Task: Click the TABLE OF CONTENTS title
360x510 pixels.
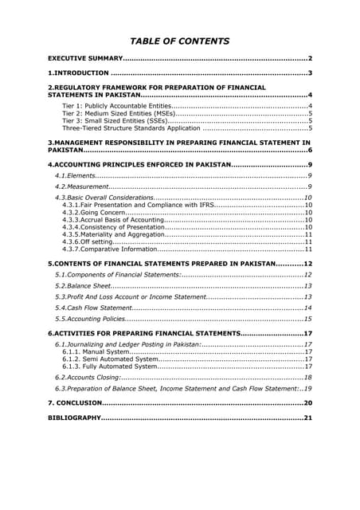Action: click(x=180, y=41)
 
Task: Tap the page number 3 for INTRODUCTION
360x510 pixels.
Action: click(x=309, y=73)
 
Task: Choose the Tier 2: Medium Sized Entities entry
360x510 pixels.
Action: click(x=119, y=113)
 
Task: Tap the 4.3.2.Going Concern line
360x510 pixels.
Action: click(x=94, y=213)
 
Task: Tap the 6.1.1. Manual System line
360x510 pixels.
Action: click(x=95, y=351)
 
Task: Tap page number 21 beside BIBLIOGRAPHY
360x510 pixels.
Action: click(x=307, y=417)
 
